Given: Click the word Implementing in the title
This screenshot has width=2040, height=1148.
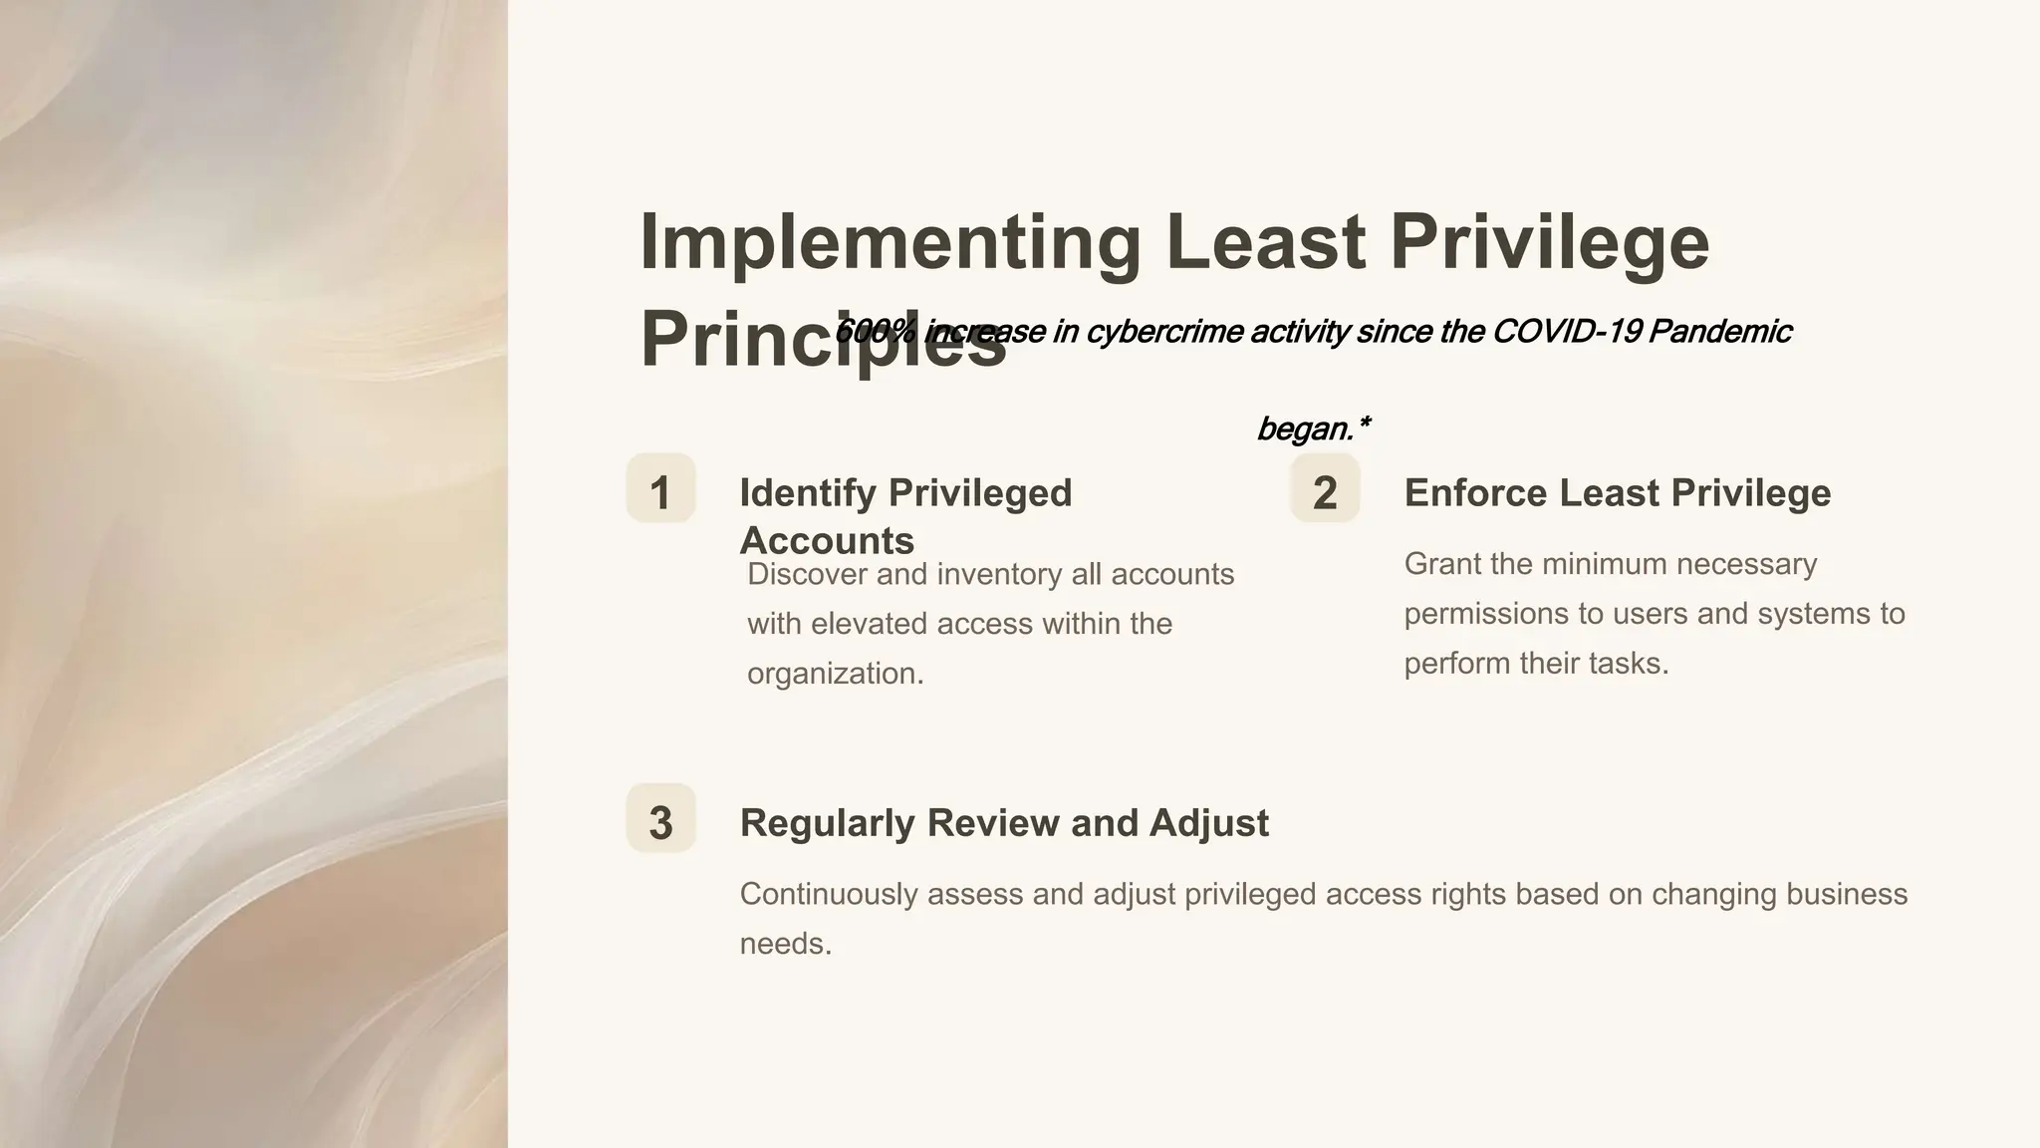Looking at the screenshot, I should pyautogui.click(x=890, y=242).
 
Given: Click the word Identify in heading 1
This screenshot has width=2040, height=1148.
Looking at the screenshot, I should pyautogui.click(x=808, y=492).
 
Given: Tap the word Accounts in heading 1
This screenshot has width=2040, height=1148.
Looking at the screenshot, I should pyautogui.click(x=827, y=540).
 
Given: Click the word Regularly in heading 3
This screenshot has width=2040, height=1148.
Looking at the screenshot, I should pyautogui.click(x=827, y=823).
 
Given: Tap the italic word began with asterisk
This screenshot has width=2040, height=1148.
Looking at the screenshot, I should pyautogui.click(x=1313, y=429).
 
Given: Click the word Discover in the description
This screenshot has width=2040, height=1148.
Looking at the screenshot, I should pyautogui.click(x=807, y=574).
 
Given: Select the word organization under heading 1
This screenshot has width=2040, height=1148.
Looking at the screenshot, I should pyautogui.click(x=835, y=674).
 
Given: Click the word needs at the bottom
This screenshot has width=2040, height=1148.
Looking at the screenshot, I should pyautogui.click(x=785, y=943).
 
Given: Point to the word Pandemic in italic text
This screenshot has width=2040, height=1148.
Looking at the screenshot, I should pyautogui.click(x=1719, y=331).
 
